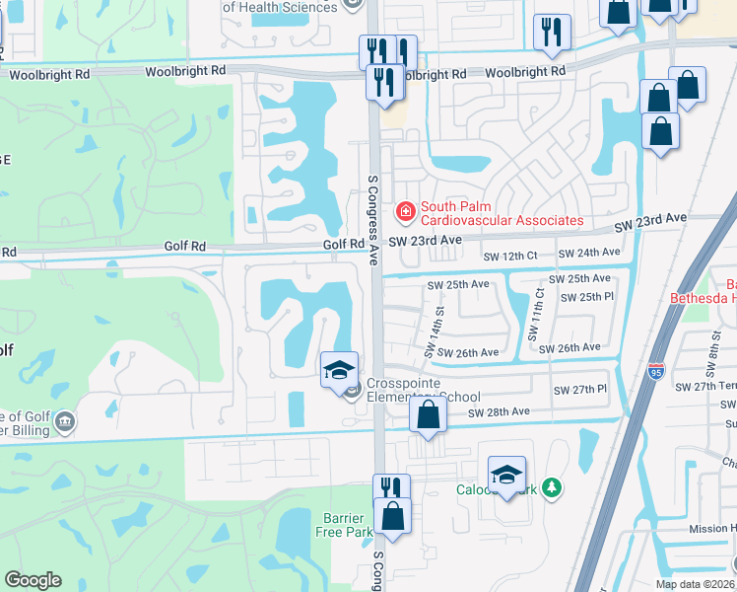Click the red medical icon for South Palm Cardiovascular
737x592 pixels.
pos(404,211)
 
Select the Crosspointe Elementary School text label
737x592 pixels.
pos(423,390)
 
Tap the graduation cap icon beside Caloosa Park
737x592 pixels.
pos(506,476)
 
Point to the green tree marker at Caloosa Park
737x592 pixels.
pos(552,487)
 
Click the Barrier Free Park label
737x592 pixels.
pos(345,525)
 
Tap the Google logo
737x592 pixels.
pos(33,580)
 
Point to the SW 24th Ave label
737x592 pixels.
pos(589,253)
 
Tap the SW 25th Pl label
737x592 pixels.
pos(586,297)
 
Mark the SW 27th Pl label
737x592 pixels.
pos(580,389)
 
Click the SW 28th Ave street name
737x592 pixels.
pos(499,411)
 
